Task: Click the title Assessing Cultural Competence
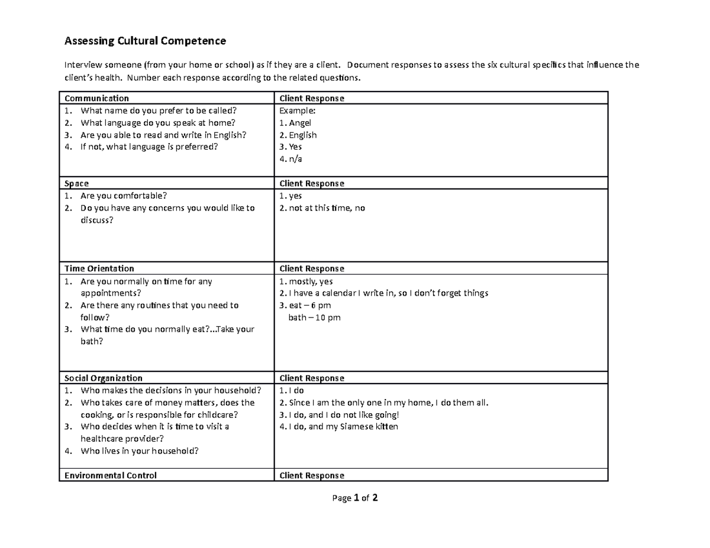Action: point(145,41)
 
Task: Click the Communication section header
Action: point(96,98)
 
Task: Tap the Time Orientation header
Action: point(99,268)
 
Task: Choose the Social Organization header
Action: point(104,378)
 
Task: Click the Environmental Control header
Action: point(111,475)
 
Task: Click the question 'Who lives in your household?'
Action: point(140,451)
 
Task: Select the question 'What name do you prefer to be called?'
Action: point(159,111)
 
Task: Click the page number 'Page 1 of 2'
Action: point(355,498)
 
